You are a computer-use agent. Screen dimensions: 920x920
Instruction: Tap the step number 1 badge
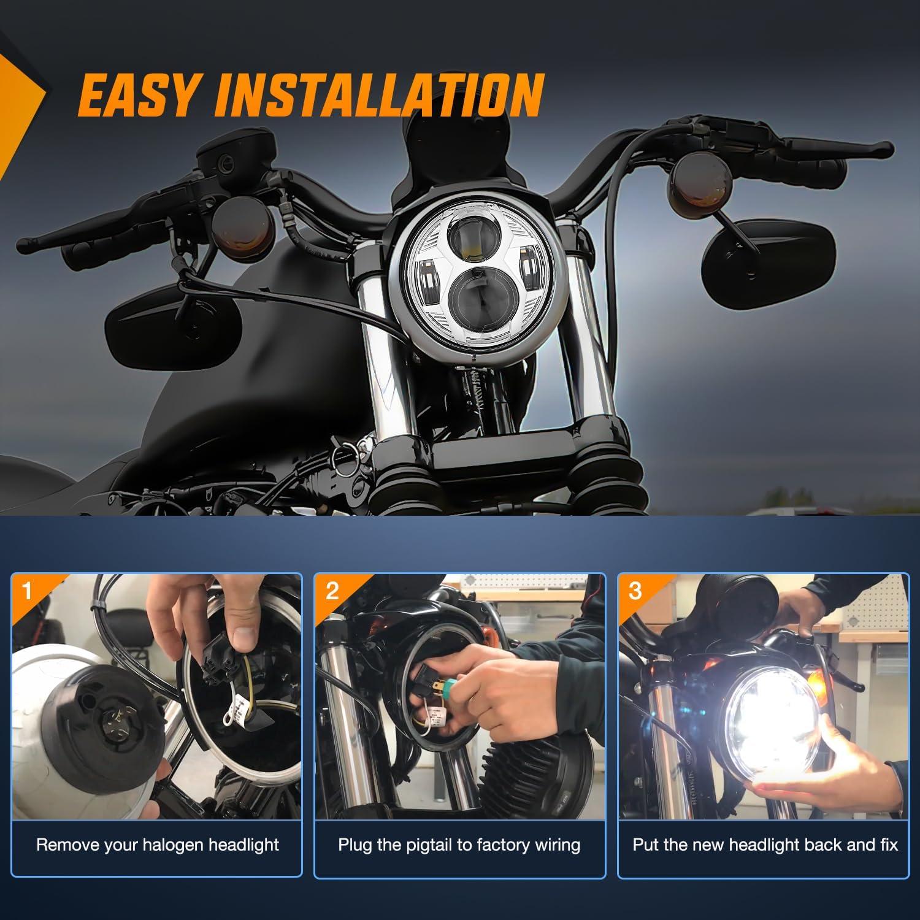[x=26, y=591]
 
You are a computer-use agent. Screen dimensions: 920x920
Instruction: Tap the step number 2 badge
[x=332, y=591]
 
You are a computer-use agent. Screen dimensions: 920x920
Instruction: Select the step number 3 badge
[x=635, y=591]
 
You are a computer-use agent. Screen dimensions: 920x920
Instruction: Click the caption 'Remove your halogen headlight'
[x=158, y=845]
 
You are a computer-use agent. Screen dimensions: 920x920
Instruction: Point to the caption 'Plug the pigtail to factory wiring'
[x=459, y=845]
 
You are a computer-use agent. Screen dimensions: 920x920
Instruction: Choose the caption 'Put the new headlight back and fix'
[x=765, y=845]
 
